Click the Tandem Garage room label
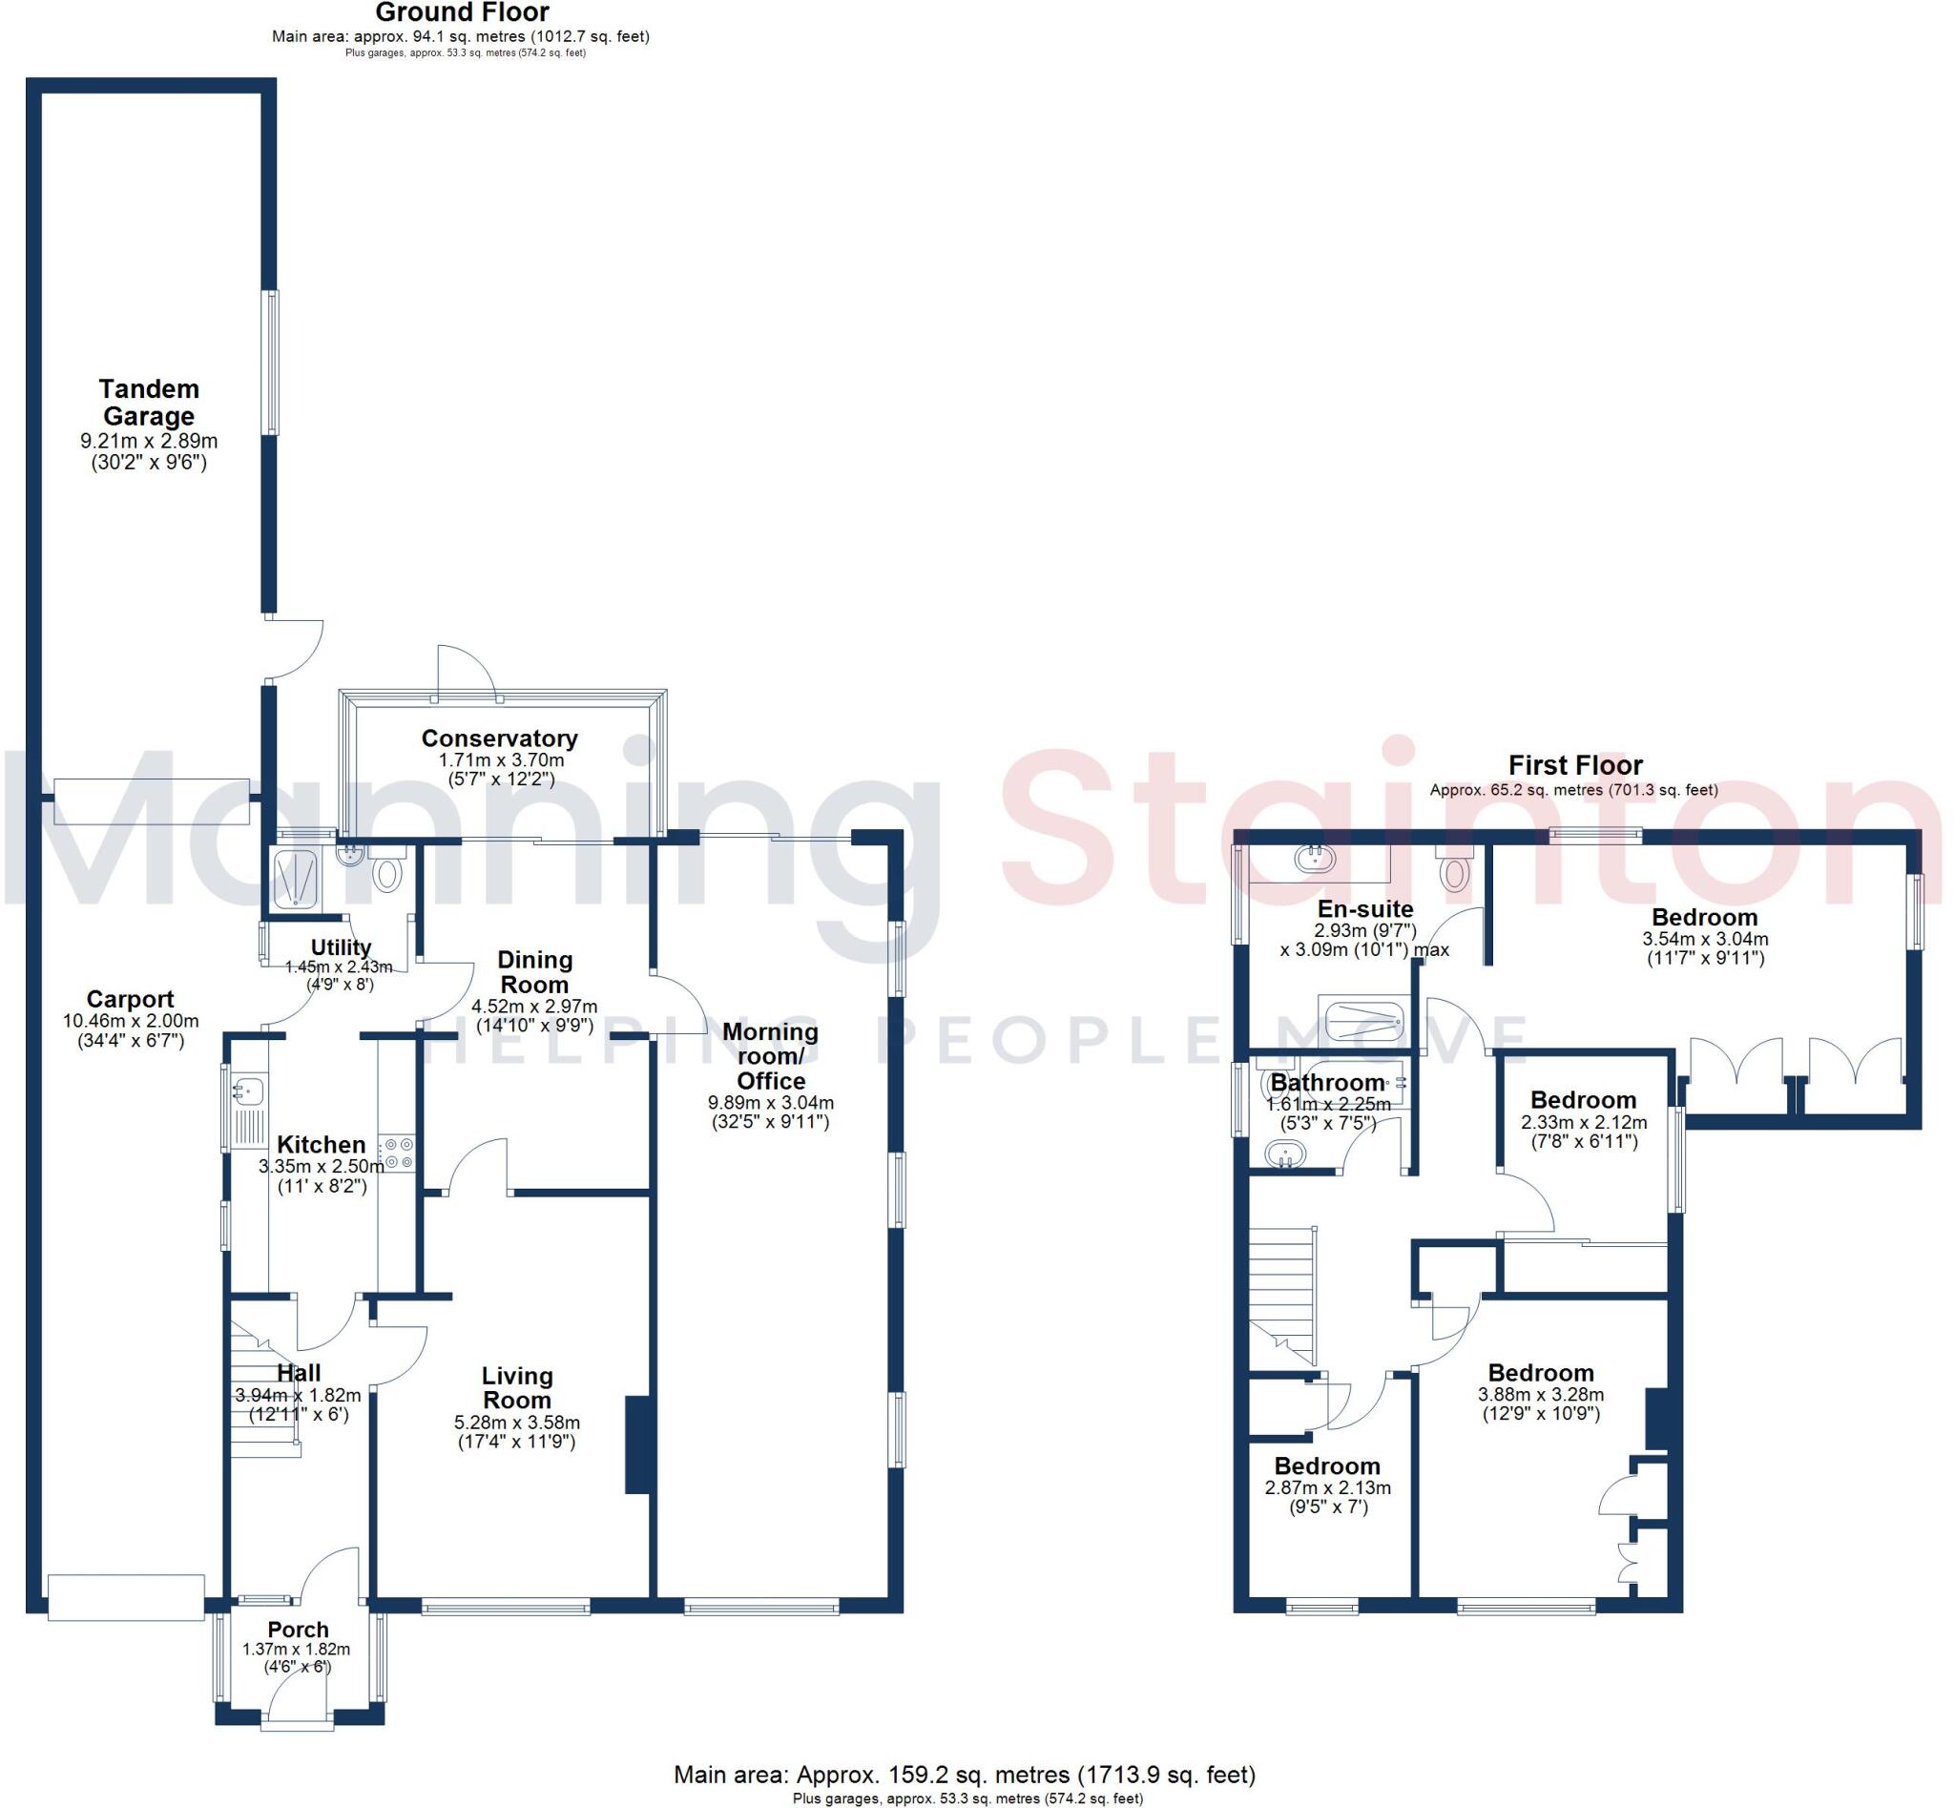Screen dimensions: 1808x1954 (149, 402)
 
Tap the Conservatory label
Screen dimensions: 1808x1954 (499, 738)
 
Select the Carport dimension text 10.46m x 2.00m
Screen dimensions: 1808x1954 (130, 1021)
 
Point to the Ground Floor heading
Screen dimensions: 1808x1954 (462, 12)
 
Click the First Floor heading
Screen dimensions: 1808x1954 (1574, 764)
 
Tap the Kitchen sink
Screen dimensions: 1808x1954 (248, 1089)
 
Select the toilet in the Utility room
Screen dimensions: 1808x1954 (388, 870)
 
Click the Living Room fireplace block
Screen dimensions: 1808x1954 (637, 1444)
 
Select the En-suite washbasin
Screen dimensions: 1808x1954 (1314, 858)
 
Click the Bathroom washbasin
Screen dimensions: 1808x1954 (1285, 1155)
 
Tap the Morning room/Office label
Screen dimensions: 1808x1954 (770, 1055)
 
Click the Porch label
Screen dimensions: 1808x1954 (298, 1629)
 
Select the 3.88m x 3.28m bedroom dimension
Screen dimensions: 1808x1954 (1540, 1394)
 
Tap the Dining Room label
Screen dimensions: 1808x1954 (534, 971)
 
